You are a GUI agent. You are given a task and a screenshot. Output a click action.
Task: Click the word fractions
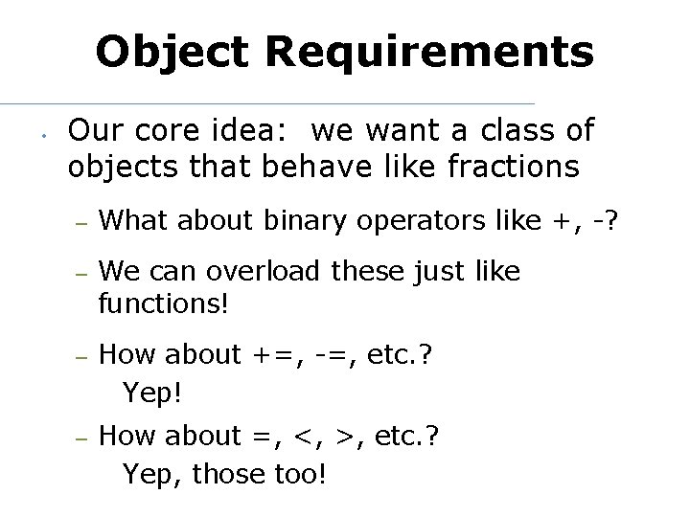(x=512, y=167)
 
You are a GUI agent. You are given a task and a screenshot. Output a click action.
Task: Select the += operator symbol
(x=277, y=355)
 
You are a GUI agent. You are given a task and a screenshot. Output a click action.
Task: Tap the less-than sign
(x=305, y=437)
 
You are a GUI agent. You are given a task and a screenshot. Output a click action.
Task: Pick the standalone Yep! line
(x=152, y=392)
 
